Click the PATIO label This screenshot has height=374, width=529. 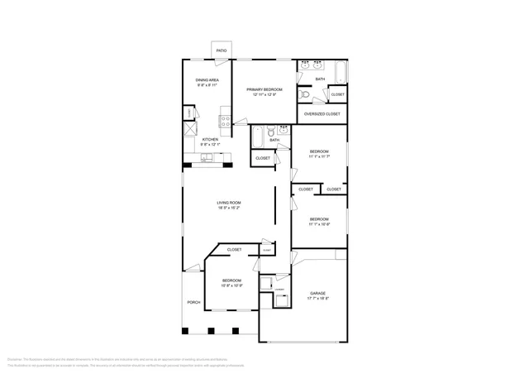222,50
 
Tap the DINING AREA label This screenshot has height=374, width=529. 207,80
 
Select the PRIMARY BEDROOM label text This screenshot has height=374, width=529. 264,89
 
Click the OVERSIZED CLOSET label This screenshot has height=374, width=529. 322,113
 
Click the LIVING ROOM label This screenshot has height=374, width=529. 229,203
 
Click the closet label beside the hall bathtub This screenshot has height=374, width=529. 263,158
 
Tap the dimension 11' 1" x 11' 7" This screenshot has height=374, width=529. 319,157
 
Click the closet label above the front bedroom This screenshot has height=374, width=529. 235,249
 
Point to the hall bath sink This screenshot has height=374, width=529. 284,130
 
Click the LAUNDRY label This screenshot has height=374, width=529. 279,290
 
